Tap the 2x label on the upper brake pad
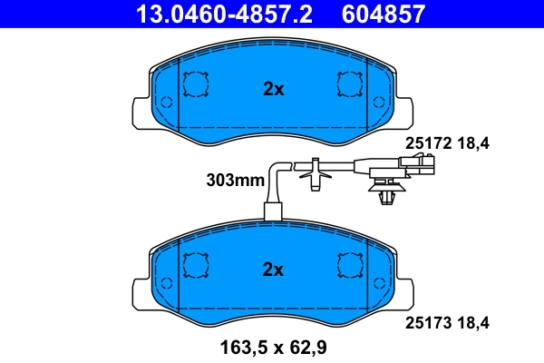[273, 89]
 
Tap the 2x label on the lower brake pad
[273, 270]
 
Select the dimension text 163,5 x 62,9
[272, 347]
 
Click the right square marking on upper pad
[350, 84]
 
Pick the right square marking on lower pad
[350, 265]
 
